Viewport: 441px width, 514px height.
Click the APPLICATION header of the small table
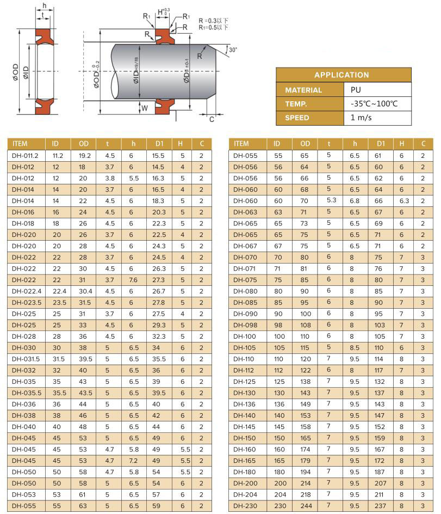341,75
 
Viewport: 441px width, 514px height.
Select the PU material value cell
356,90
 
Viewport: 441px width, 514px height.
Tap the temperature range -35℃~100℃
374,104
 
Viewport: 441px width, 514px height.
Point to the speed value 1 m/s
361,118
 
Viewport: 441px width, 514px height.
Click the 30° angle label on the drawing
233,50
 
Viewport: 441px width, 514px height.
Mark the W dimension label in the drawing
145,108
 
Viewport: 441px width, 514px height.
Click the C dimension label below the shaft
212,120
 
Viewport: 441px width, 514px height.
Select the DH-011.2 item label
25,156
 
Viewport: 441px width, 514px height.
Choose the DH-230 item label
245,506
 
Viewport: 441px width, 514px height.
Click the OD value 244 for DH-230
306,506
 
